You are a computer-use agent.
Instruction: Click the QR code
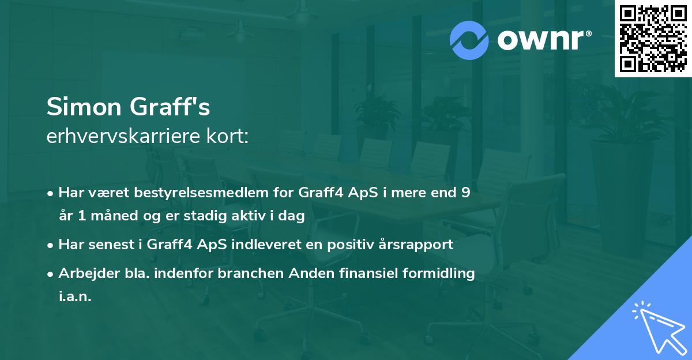(653, 39)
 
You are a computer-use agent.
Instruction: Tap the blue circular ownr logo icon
(469, 40)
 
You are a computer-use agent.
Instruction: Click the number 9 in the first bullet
(465, 193)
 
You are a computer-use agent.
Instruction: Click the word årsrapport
(416, 245)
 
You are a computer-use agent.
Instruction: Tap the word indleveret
(270, 245)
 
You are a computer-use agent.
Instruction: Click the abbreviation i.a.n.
(74, 297)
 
